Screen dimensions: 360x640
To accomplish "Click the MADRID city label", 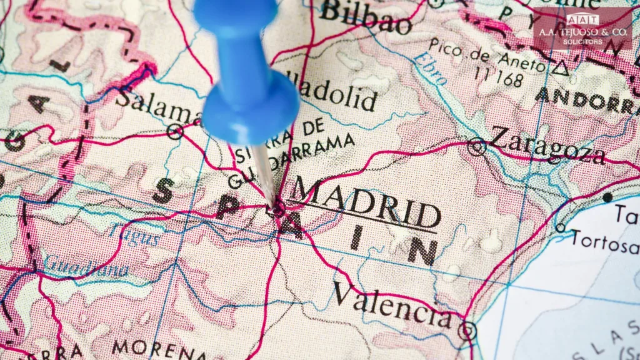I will pyautogui.click(x=366, y=203).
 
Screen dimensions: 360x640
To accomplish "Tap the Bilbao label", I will pyautogui.click(x=365, y=17).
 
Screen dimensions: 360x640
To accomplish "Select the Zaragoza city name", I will pyautogui.click(x=547, y=146).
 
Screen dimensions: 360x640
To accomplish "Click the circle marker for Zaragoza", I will pyautogui.click(x=477, y=146).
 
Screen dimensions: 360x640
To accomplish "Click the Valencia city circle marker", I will pyautogui.click(x=466, y=331).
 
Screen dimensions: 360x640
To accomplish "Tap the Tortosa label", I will pyautogui.click(x=605, y=241).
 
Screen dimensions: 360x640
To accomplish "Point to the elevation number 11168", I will pyautogui.click(x=498, y=79).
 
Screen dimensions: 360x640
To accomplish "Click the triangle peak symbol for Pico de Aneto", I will pyautogui.click(x=561, y=68).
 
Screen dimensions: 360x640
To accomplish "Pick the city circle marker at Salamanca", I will pyautogui.click(x=176, y=131).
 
